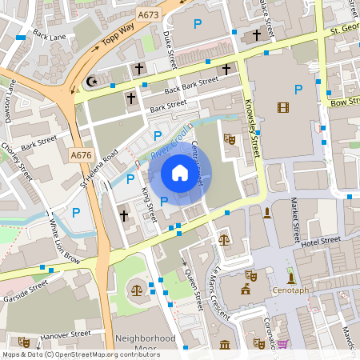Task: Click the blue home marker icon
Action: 180,173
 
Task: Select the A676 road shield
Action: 81,155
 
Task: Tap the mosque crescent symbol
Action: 90,82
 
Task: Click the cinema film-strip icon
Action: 282,107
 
